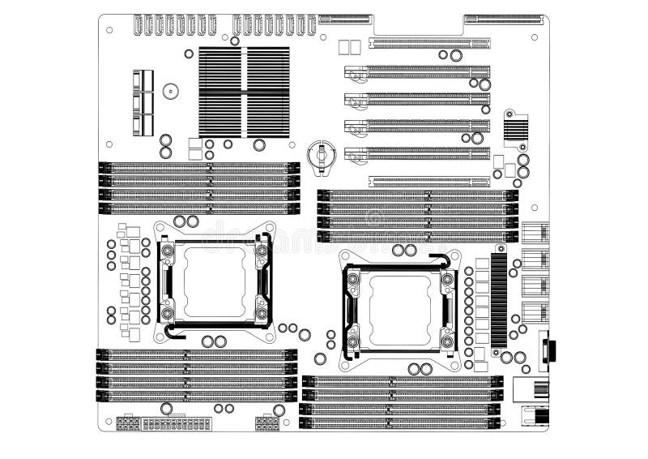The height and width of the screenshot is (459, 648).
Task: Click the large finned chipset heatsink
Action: [x=244, y=92]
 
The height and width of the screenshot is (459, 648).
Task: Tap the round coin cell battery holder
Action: [x=322, y=154]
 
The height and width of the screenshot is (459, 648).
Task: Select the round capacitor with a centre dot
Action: [x=170, y=92]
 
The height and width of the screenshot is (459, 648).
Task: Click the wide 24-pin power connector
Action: [x=177, y=424]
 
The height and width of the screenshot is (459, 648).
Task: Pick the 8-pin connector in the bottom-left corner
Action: [x=126, y=424]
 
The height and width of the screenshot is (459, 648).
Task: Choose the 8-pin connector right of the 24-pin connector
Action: [x=267, y=424]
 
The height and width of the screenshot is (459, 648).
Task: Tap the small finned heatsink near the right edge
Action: [x=515, y=127]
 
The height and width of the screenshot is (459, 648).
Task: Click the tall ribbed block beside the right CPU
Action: [x=498, y=299]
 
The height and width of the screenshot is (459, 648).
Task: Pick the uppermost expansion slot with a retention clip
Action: [x=417, y=72]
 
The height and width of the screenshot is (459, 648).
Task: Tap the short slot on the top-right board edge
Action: [x=502, y=18]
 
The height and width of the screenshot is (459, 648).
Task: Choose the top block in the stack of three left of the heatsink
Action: [x=143, y=81]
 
